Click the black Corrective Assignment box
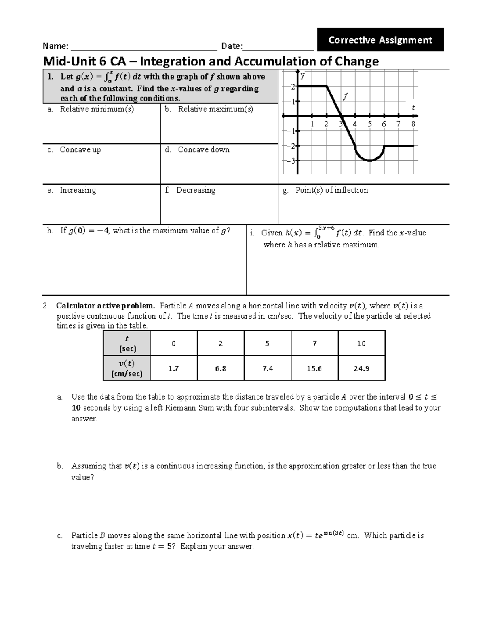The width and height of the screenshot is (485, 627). [380, 40]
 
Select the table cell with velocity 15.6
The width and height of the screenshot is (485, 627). [314, 368]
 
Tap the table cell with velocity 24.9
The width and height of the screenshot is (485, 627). [361, 368]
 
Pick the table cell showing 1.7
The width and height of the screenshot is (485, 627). [173, 368]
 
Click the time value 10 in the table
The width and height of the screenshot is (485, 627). [361, 344]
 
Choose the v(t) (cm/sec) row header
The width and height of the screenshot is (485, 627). [127, 368]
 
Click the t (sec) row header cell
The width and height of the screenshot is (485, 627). [127, 344]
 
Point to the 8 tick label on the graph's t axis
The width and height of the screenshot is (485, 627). [413, 124]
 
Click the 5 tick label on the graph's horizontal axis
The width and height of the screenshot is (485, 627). [369, 124]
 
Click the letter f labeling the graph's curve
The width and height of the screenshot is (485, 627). [345, 96]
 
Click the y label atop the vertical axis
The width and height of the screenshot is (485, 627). [302, 75]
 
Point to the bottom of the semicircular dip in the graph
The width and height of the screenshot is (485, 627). [369, 161]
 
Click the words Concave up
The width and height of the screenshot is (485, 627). [80, 150]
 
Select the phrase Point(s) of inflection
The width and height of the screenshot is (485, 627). [331, 190]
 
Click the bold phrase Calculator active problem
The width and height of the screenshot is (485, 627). [105, 306]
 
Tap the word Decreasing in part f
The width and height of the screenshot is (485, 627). [196, 190]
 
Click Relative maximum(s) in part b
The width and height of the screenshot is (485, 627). [215, 109]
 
